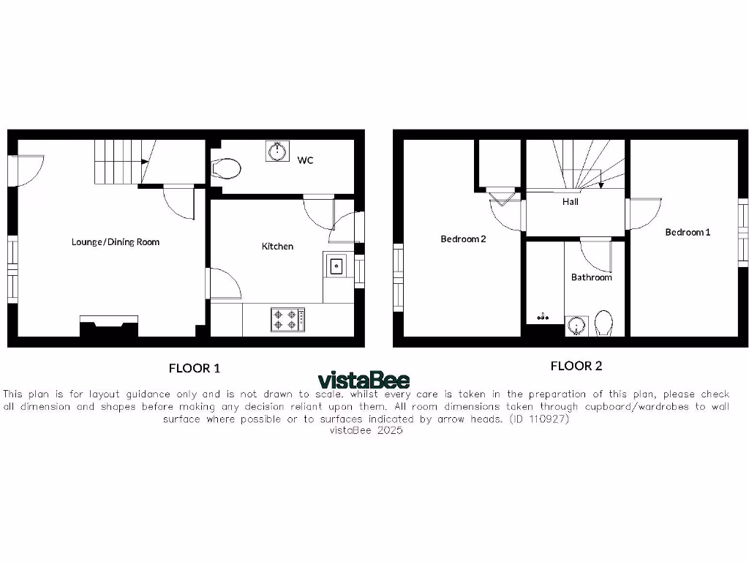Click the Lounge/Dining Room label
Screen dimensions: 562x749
pos(116,242)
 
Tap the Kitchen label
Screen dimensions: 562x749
pos(277,247)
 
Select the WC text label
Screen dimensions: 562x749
pos(305,160)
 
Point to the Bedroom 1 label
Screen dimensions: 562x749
pos(688,232)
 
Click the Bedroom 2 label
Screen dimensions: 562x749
pos(463,239)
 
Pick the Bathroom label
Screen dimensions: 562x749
pos(592,277)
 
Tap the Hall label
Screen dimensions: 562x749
pos(571,201)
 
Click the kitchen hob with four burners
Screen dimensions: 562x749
pos(287,319)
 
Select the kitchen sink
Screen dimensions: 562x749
pos(336,265)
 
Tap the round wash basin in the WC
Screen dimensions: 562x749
pos(277,151)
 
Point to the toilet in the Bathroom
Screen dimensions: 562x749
pos(604,323)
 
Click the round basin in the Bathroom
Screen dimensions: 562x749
pos(576,325)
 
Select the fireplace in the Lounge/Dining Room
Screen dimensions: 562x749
pos(108,325)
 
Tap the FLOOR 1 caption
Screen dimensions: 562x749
pos(194,368)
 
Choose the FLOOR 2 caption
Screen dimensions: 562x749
pos(576,366)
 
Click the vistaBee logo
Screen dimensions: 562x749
pos(364,381)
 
